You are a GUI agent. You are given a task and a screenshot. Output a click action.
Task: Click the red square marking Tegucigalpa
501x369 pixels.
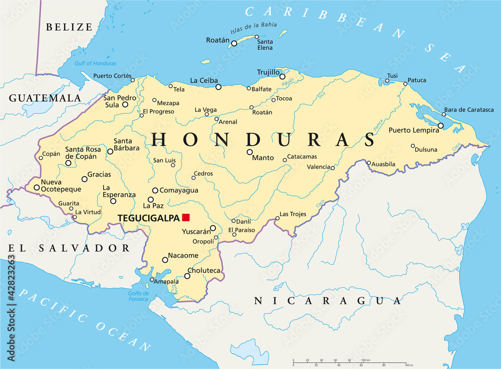click(186, 217)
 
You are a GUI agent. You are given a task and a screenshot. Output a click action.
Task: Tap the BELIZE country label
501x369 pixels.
click(70, 27)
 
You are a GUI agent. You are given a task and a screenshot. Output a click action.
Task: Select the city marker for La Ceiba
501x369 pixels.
click(218, 87)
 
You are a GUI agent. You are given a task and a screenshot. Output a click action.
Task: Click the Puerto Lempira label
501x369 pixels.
click(414, 130)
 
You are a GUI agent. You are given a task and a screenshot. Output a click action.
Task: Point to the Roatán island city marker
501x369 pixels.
click(234, 43)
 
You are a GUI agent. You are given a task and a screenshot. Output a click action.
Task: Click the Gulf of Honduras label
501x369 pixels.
click(95, 63)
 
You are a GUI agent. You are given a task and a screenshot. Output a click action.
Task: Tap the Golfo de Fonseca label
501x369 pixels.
click(138, 296)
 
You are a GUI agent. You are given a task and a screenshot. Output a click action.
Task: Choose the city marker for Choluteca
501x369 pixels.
click(187, 276)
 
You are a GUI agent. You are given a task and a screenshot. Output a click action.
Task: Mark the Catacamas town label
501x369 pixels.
click(302, 156)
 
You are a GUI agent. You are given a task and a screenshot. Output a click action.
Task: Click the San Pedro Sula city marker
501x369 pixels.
click(125, 104)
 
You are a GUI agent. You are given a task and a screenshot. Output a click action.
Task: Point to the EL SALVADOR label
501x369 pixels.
click(69, 248)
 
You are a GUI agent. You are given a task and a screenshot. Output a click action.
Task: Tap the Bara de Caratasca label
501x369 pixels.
click(469, 109)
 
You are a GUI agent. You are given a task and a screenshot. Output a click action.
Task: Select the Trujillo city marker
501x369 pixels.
click(282, 77)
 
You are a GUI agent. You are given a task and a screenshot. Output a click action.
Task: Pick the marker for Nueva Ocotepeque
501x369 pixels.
click(37, 188)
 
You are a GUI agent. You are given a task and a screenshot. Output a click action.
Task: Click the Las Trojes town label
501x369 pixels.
click(293, 214)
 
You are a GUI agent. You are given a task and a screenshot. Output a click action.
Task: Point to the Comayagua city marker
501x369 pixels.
click(155, 190)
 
